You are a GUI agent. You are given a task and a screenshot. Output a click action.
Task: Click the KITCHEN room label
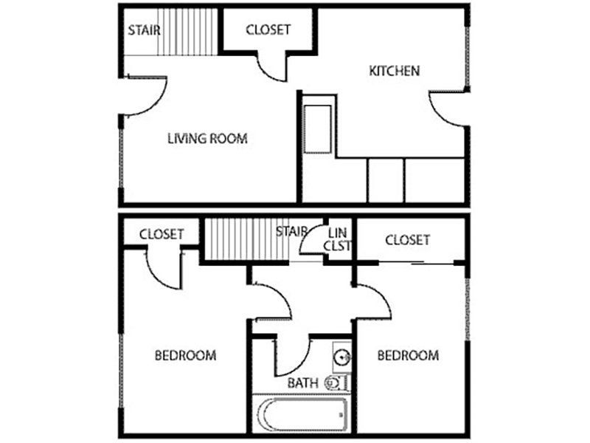(x=394, y=72)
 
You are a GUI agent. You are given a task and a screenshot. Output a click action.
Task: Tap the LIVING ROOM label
(x=206, y=138)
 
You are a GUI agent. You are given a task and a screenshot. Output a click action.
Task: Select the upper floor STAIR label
(x=145, y=31)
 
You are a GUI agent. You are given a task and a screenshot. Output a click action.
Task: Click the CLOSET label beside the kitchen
(x=268, y=30)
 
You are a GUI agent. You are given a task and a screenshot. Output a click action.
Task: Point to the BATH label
(x=302, y=383)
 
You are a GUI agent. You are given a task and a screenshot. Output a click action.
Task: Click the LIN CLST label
(x=339, y=239)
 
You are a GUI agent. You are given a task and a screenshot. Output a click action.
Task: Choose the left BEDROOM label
(x=185, y=356)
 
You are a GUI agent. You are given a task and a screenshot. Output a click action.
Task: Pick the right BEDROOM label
(x=408, y=356)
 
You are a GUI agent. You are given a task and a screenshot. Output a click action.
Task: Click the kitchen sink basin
(x=317, y=129)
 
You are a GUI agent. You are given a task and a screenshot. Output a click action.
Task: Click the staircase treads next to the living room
(x=188, y=31)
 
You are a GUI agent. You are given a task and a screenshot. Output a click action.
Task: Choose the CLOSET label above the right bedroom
(x=407, y=240)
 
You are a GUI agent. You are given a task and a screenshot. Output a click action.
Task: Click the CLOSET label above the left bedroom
(x=162, y=234)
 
